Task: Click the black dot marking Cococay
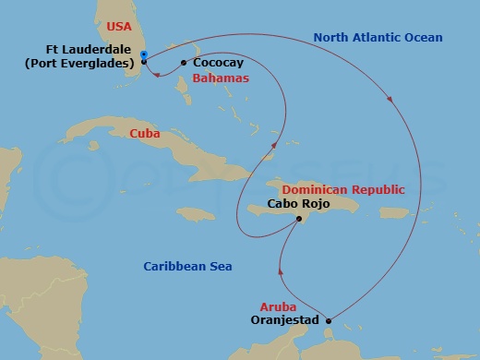pos(184,63)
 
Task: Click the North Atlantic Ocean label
pos(378,38)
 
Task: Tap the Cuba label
pos(144,134)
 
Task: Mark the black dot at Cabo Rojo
pos(298,219)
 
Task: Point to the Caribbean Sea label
pos(187,267)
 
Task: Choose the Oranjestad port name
pos(284,320)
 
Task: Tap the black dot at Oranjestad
pos(329,320)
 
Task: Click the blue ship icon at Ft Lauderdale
pos(144,54)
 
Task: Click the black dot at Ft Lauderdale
pos(144,63)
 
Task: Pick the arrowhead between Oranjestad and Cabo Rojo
pos(279,272)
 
